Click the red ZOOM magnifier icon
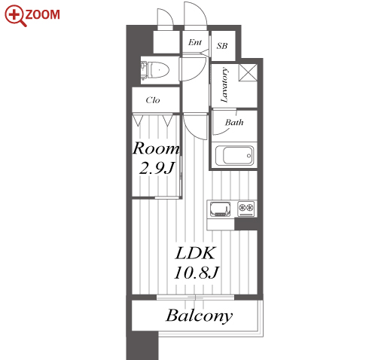click(x=15, y=16)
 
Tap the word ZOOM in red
click(x=43, y=14)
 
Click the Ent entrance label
click(x=195, y=42)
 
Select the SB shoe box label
click(x=222, y=46)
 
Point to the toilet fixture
click(x=155, y=70)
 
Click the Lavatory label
click(x=224, y=85)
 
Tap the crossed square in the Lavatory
click(x=248, y=72)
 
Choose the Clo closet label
click(x=153, y=100)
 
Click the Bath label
click(x=234, y=123)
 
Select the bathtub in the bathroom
click(x=234, y=156)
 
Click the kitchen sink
click(x=221, y=209)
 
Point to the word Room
click(x=156, y=148)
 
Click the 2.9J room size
click(x=157, y=168)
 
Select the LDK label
click(x=195, y=253)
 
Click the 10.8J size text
click(x=197, y=273)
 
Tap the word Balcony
click(x=199, y=316)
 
